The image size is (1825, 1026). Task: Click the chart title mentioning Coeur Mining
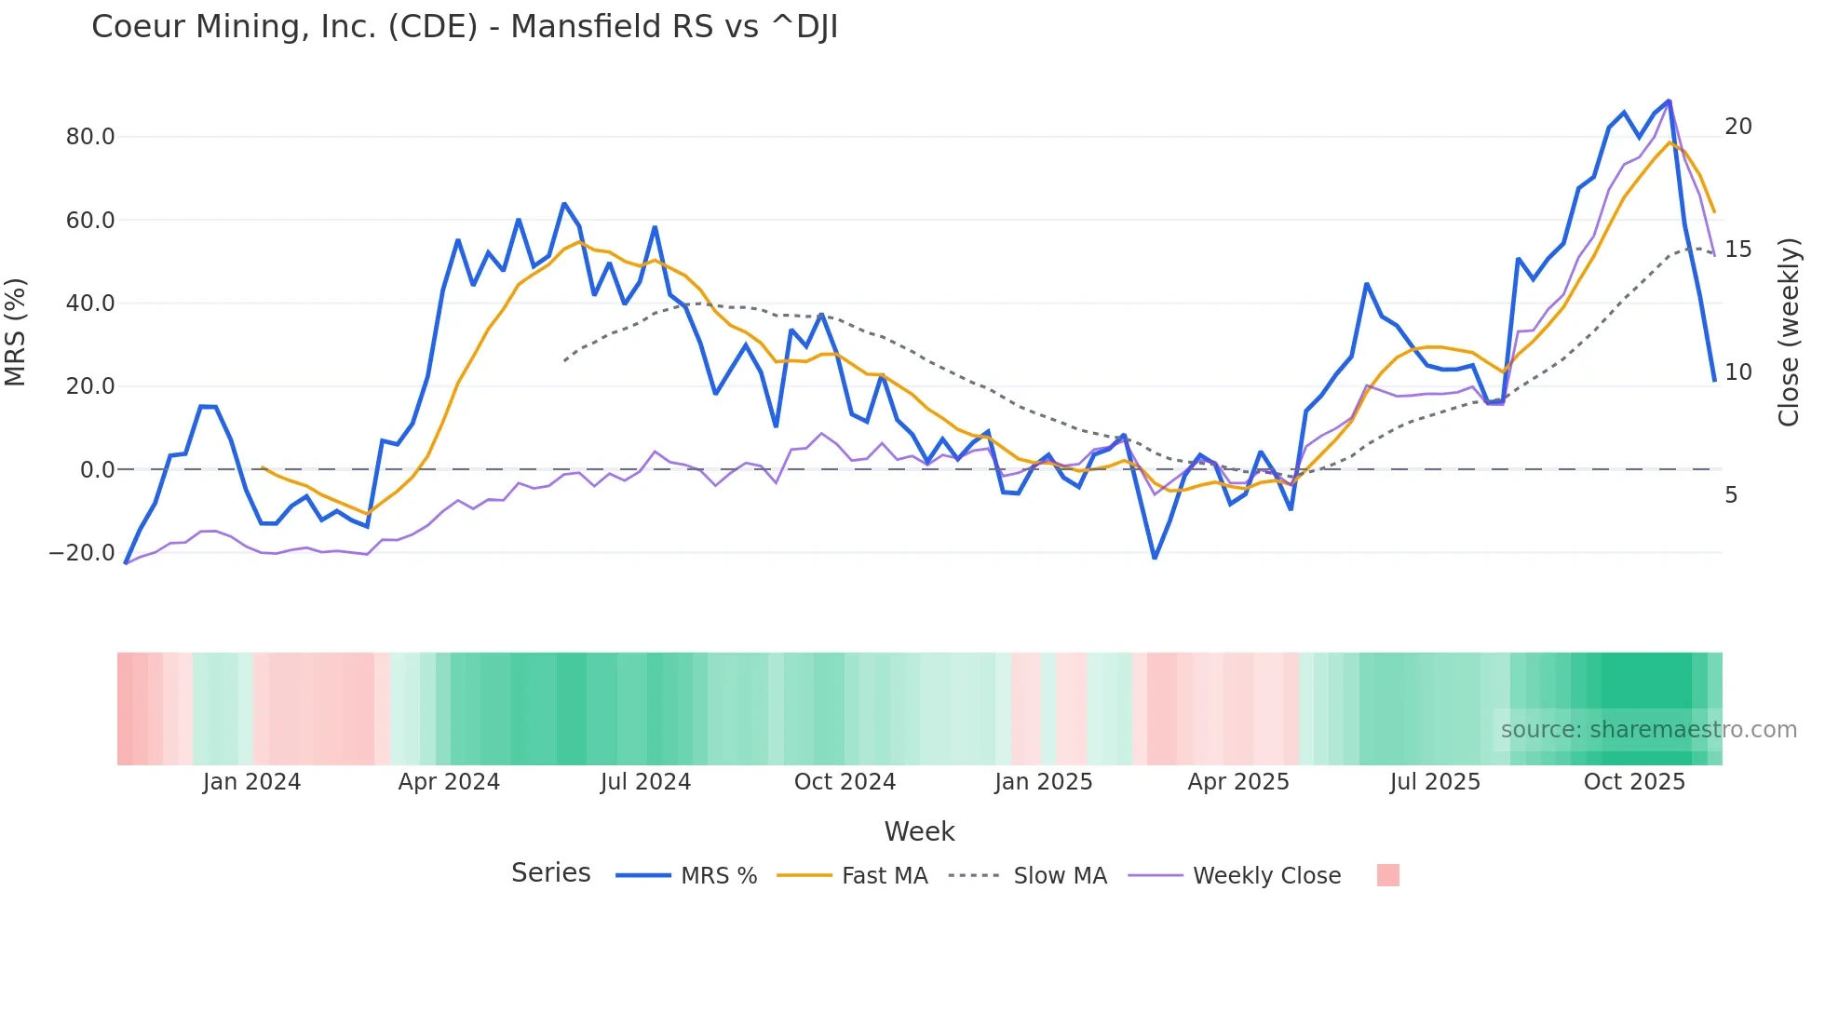[x=465, y=27]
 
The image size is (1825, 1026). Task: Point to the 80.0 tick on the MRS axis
[x=90, y=137]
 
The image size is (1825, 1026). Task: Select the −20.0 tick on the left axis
[x=82, y=553]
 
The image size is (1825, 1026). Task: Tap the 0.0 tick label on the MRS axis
[x=97, y=470]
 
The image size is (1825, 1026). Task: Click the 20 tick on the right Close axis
[x=1737, y=127]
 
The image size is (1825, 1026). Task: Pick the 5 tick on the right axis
[x=1730, y=495]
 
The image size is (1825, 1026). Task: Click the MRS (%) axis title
[x=16, y=331]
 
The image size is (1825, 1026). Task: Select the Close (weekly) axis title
[x=1788, y=332]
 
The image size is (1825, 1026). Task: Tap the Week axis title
[x=919, y=831]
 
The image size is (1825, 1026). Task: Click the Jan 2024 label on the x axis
[x=251, y=782]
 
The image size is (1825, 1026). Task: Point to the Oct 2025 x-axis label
[x=1634, y=782]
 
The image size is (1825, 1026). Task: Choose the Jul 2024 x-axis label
[x=645, y=782]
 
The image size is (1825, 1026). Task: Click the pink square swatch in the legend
[x=1387, y=875]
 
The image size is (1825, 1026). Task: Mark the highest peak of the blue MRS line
[x=1669, y=101]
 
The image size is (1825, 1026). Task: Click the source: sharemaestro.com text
[x=1648, y=730]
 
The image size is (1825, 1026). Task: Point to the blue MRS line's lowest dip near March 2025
[x=1155, y=558]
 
